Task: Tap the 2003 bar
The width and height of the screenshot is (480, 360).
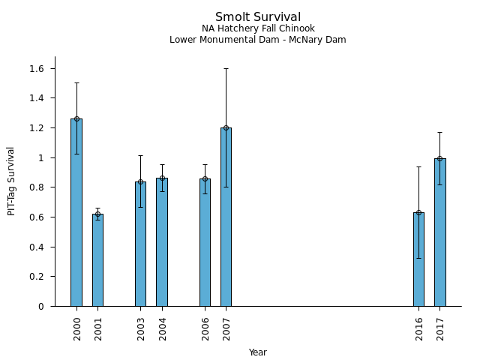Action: point(140,244)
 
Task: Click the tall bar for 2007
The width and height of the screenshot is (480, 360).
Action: point(226,217)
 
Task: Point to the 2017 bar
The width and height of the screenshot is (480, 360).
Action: point(439,232)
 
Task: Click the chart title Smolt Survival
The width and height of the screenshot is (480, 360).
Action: point(258,17)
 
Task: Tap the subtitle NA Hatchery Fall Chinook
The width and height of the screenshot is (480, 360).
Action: point(258,28)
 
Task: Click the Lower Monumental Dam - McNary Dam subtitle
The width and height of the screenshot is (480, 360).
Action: point(258,40)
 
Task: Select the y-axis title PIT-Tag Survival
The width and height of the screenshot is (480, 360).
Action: point(11,181)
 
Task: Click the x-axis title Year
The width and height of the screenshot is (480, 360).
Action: point(258,352)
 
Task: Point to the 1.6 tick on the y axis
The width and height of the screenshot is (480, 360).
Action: point(37,69)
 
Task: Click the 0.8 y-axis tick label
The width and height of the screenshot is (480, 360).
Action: point(37,187)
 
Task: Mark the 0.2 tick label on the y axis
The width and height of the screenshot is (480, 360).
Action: point(37,277)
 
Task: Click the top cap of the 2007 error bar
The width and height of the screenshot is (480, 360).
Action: point(226,68)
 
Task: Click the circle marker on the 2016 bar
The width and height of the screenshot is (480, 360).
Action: point(418,212)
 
